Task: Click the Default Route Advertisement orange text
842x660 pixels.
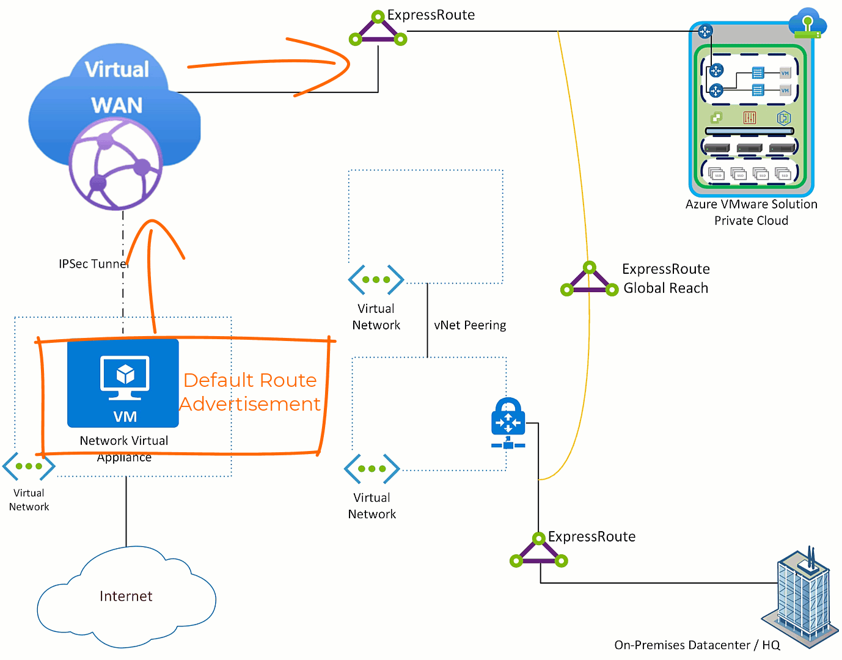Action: point(250,392)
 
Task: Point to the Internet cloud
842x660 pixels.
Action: point(126,596)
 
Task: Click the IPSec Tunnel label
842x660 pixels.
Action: point(93,263)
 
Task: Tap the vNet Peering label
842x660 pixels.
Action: point(470,325)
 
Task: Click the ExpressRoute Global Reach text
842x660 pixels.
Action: point(665,279)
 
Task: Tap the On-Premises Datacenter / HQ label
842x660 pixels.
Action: point(697,645)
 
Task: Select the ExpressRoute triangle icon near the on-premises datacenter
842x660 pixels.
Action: point(539,551)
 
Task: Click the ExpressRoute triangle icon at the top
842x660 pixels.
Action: point(378,29)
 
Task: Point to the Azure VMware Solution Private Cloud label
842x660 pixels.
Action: point(751,212)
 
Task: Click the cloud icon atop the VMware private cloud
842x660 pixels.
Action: point(807,24)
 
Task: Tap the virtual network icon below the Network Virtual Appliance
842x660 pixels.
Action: point(29,466)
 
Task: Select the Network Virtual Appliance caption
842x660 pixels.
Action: point(124,449)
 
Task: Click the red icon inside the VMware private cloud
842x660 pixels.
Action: point(750,118)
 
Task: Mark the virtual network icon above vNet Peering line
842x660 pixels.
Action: point(376,280)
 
